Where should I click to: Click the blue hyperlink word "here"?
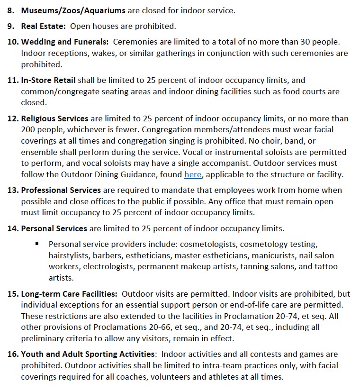pyautogui.click(x=193, y=174)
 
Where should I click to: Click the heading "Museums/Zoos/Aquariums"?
pyautogui.click(x=73, y=10)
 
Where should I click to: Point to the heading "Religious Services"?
pyautogui.click(x=54, y=118)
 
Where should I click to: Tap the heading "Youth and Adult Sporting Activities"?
pyautogui.click(x=88, y=354)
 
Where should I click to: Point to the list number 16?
pyautogui.click(x=12, y=354)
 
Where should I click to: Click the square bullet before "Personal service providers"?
pyautogui.click(x=37, y=244)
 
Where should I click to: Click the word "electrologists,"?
pyautogui.click(x=109, y=266)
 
